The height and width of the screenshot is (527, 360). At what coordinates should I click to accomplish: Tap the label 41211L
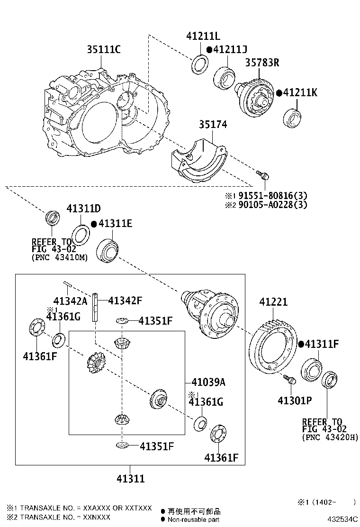click(x=203, y=36)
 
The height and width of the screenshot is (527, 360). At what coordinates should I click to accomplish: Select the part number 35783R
click(x=262, y=63)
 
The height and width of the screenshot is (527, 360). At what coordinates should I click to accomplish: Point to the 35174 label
click(x=213, y=125)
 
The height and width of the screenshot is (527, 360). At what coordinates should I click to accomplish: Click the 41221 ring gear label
click(x=273, y=302)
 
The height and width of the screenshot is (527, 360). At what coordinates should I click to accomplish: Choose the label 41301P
click(x=295, y=400)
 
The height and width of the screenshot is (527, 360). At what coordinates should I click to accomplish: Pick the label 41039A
click(x=208, y=382)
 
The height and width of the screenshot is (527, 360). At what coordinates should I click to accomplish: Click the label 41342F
click(x=125, y=300)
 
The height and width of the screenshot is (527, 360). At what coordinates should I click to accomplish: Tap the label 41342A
click(x=71, y=301)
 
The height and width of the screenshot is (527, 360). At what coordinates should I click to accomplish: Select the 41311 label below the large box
click(x=130, y=479)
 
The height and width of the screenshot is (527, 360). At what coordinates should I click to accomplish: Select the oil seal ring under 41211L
click(x=199, y=64)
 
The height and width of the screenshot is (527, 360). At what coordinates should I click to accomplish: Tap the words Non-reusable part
click(x=194, y=519)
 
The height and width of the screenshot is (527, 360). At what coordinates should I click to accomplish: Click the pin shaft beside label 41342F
click(x=96, y=307)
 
